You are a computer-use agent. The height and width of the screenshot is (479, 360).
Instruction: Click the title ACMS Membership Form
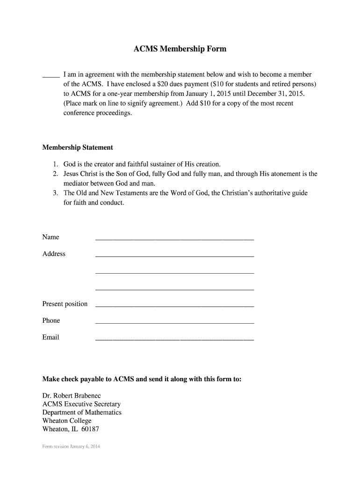[x=180, y=49]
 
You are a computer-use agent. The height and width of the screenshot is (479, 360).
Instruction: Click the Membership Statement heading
[x=78, y=147]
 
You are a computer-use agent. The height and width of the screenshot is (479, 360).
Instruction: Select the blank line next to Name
[x=174, y=239]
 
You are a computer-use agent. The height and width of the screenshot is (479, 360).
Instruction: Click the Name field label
[x=51, y=237]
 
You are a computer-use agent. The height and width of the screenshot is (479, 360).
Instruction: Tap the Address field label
[x=54, y=254]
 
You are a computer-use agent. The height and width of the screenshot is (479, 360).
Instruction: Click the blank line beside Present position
[x=174, y=306]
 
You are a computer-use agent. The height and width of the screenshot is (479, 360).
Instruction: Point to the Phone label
[x=51, y=320]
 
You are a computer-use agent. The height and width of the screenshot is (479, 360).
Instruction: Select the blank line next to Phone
[x=174, y=323]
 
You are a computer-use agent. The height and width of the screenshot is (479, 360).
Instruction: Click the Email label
[x=51, y=337]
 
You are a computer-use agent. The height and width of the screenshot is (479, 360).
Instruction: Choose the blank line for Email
[x=174, y=340]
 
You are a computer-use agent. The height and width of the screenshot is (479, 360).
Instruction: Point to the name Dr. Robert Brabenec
[x=72, y=396]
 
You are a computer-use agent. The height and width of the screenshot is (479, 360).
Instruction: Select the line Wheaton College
[x=67, y=421]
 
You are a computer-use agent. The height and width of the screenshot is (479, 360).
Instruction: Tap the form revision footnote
[x=71, y=446]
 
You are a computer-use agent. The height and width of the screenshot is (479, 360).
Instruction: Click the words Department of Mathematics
[x=82, y=412]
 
